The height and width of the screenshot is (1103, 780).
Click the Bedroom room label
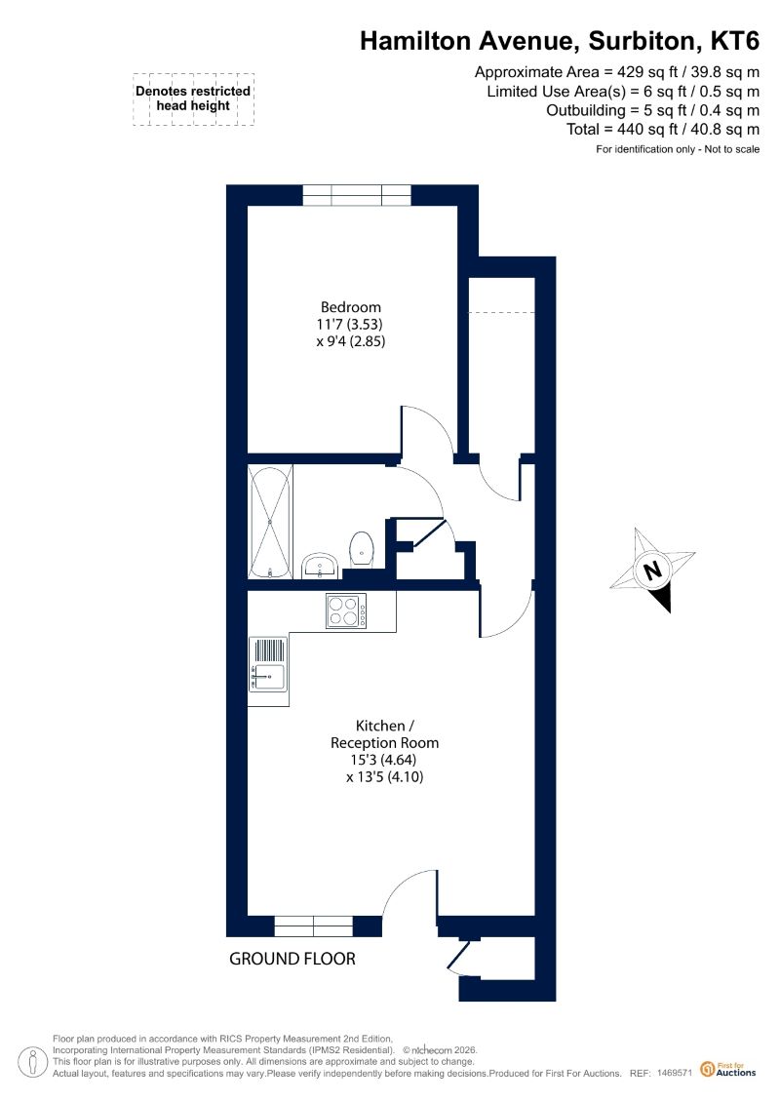(350, 307)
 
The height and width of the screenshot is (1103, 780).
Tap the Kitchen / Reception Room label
(385, 734)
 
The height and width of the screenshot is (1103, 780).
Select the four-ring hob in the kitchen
(346, 611)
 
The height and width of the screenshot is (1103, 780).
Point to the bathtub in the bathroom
(270, 521)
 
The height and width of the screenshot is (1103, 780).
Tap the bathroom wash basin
(322, 566)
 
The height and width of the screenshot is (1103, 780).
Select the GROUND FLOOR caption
(292, 959)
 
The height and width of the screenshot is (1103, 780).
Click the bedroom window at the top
(357, 195)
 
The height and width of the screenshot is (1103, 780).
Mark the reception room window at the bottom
(313, 926)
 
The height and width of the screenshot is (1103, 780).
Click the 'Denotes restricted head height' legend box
(193, 99)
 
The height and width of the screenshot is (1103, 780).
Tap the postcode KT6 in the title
(735, 41)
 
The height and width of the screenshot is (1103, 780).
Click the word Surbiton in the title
(641, 41)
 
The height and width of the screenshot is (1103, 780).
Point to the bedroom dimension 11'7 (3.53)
(350, 325)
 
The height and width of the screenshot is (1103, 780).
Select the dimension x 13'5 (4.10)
(385, 777)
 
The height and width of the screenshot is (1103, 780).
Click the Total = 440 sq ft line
(663, 130)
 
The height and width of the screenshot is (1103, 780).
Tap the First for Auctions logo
(728, 1070)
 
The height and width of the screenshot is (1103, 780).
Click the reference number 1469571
(675, 1074)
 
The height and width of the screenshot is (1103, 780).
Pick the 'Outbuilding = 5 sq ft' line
(652, 110)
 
